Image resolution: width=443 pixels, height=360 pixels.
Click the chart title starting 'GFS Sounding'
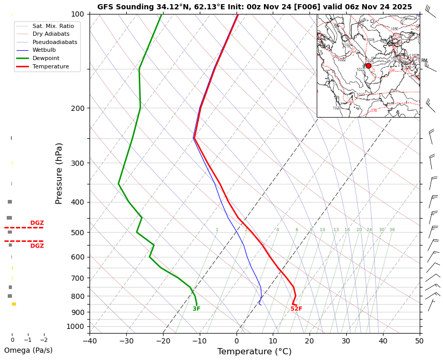coord(255,7)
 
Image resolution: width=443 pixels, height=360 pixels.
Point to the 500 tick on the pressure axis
coord(78,233)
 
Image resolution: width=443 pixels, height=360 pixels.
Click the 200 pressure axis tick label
coord(78,108)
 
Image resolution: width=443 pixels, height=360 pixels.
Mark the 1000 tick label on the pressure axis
coord(76,326)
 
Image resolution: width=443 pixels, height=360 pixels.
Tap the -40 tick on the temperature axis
coord(90,341)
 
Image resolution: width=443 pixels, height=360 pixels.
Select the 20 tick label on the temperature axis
coord(309,341)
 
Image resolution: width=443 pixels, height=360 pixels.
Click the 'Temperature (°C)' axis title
coord(254,352)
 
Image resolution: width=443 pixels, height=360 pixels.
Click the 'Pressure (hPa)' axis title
coord(59,173)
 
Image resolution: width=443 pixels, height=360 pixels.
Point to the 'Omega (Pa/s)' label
coord(28,350)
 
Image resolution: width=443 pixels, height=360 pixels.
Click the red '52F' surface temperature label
coord(296,309)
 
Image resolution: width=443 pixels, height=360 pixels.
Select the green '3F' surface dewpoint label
coord(197,309)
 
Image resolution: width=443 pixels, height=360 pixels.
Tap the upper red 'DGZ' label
coord(37,223)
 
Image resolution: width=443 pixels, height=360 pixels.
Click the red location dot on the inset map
coord(368,66)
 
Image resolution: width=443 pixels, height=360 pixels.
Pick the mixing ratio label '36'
coord(392,230)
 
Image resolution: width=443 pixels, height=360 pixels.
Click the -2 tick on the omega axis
coord(44,340)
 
